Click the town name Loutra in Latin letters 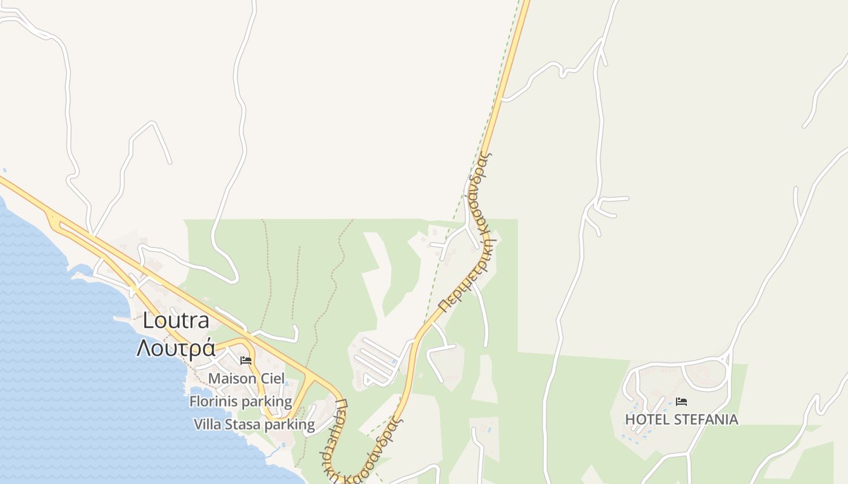pos(176,321)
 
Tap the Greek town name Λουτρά pos(176,348)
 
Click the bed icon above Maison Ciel pos(246,361)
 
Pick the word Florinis pos(213,401)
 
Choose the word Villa pos(208,424)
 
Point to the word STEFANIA pos(706,419)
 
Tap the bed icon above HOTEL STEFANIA pos(681,401)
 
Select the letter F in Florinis pos(193,401)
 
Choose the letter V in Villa pos(198,424)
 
